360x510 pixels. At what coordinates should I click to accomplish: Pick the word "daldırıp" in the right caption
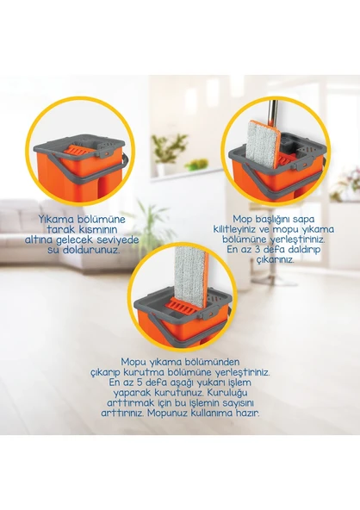[295, 249]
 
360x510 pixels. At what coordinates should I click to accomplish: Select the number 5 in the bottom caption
[157, 382]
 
